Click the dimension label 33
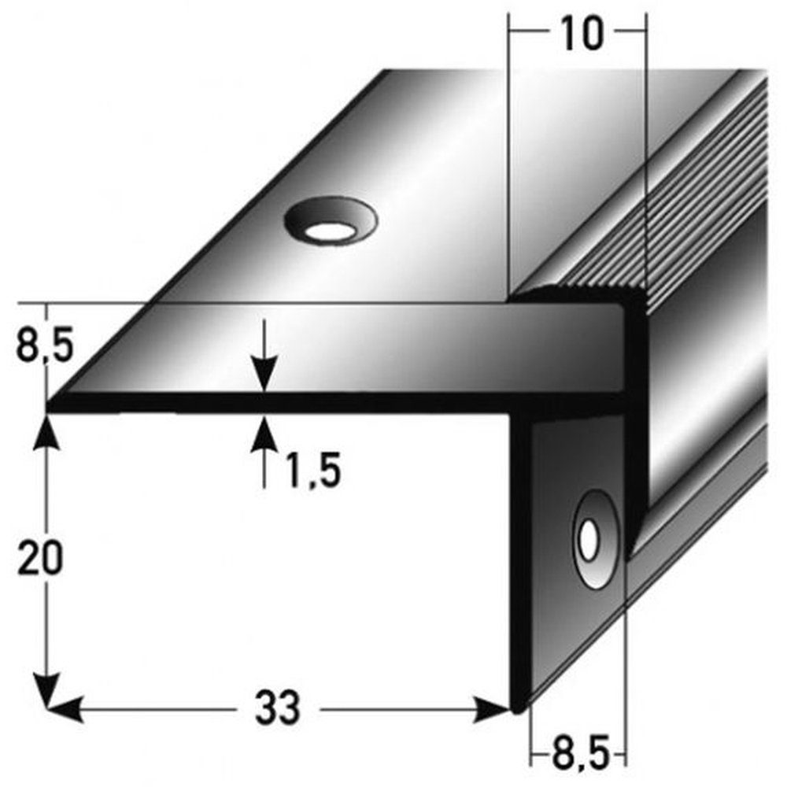click(278, 708)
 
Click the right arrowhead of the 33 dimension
click(496, 708)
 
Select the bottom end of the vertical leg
click(519, 704)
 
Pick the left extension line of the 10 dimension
click(510, 157)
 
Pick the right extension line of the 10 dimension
click(645, 157)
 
